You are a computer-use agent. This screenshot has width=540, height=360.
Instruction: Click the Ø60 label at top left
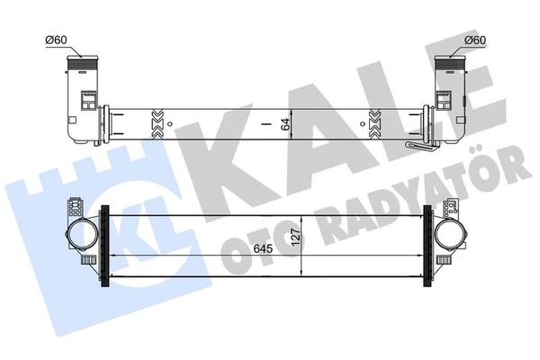56,40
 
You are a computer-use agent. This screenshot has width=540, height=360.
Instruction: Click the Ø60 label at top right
476,40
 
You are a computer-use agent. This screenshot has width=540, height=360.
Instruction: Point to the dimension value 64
287,123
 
